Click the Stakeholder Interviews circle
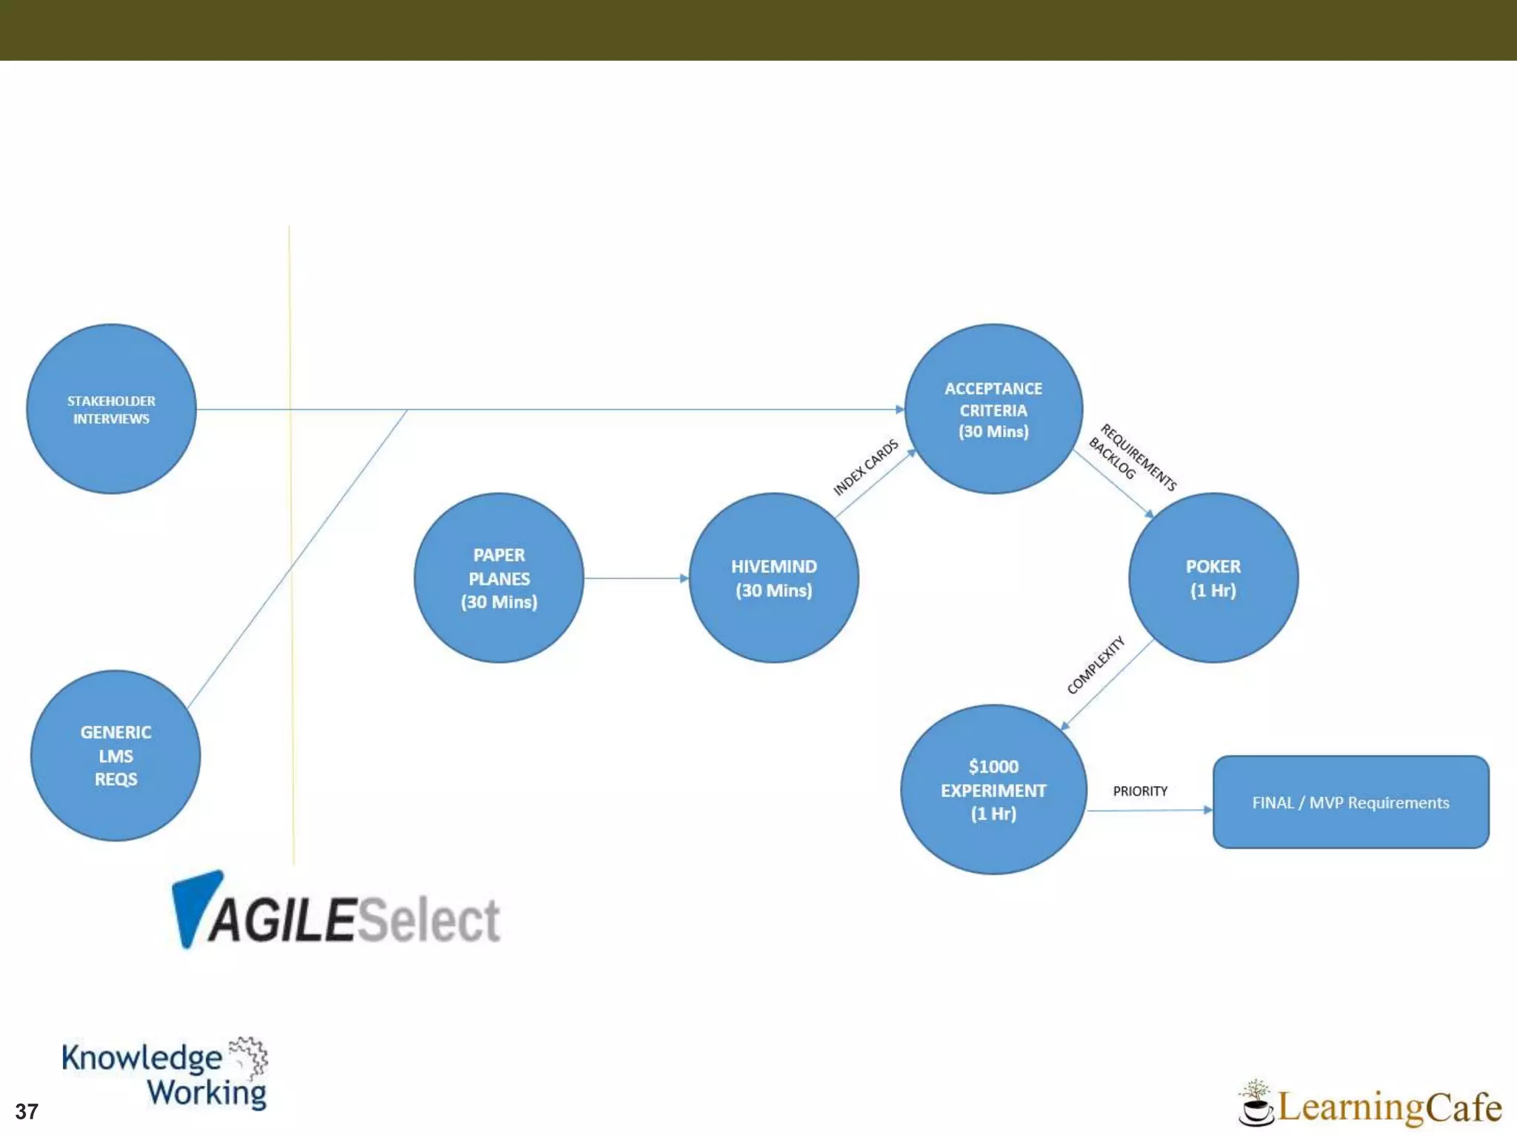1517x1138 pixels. click(111, 409)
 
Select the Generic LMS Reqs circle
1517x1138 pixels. click(116, 755)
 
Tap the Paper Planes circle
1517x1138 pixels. click(499, 578)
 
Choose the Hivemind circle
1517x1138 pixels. click(773, 578)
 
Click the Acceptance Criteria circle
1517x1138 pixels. click(993, 409)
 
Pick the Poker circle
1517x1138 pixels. click(1213, 578)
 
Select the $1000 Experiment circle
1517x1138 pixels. click(993, 789)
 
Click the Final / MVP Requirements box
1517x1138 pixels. click(1350, 802)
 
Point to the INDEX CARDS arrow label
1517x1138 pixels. click(865, 467)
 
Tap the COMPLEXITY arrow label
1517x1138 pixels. click(1095, 665)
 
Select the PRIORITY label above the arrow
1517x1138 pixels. click(1140, 791)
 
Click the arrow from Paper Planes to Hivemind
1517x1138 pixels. click(636, 578)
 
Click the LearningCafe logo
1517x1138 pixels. click(1370, 1106)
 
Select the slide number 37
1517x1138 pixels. click(27, 1111)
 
